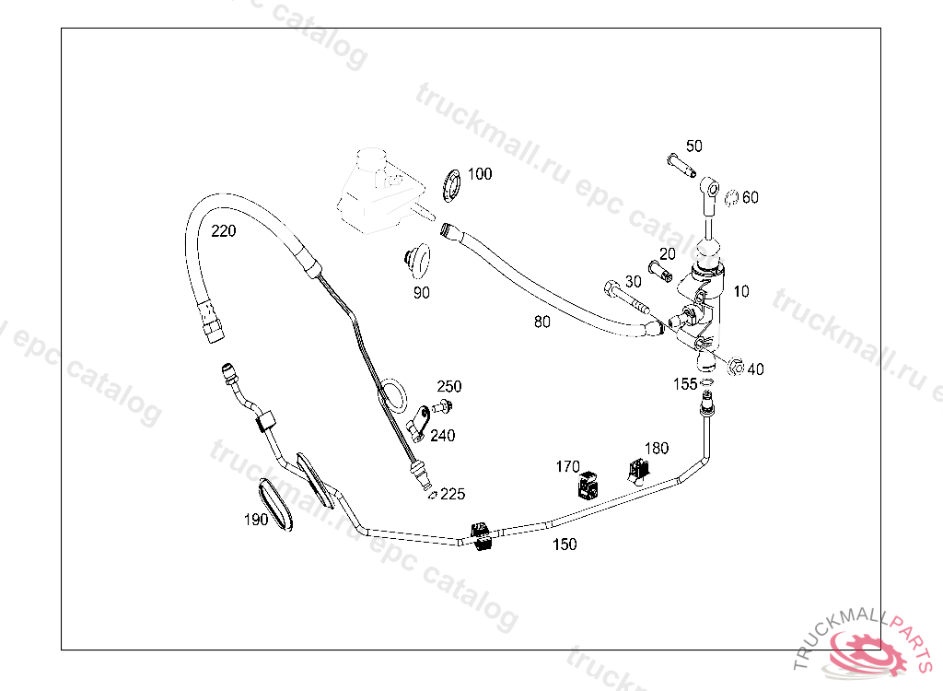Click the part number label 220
click(x=223, y=231)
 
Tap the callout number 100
click(x=480, y=174)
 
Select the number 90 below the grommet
click(x=421, y=293)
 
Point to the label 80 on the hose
click(x=542, y=322)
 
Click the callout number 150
click(x=565, y=545)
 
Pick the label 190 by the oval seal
click(x=256, y=520)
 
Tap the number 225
click(x=452, y=495)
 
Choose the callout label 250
click(x=449, y=387)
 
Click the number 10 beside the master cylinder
click(x=741, y=291)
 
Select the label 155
click(x=685, y=384)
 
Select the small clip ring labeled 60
click(x=729, y=197)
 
